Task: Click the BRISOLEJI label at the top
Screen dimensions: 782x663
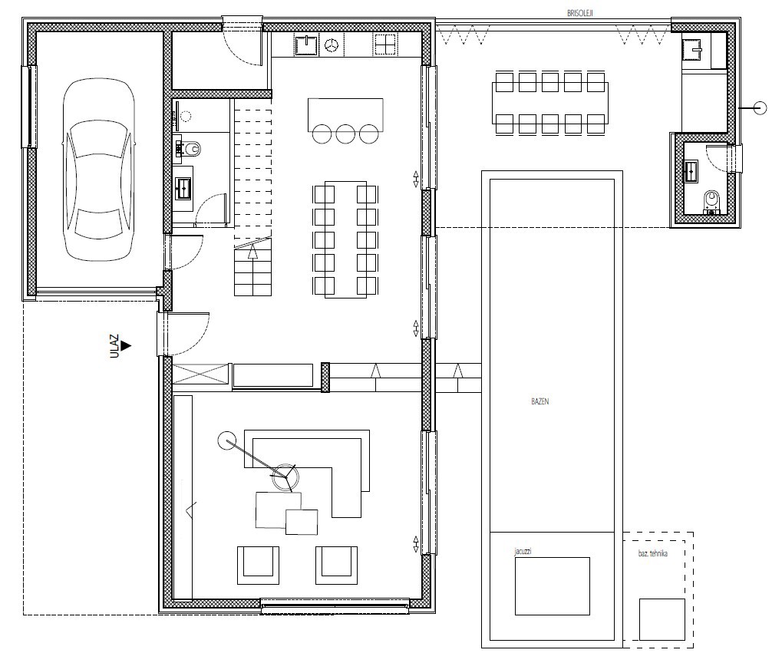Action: coord(579,14)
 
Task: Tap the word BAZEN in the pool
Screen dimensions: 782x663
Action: coord(540,401)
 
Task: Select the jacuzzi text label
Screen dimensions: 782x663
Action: coord(523,552)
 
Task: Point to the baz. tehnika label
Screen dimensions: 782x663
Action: coord(653,553)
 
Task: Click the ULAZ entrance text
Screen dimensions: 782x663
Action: coord(114,346)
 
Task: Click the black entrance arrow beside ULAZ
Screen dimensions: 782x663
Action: coord(126,345)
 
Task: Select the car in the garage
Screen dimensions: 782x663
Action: coord(99,170)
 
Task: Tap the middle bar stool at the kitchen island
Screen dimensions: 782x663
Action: coord(345,134)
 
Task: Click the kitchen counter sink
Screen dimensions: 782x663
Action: coord(307,46)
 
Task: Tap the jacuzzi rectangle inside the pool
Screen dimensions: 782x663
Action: coord(553,586)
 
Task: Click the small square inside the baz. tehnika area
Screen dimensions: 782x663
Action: coord(662,619)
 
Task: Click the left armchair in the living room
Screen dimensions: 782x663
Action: coord(258,565)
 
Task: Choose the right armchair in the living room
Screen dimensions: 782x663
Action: coord(337,565)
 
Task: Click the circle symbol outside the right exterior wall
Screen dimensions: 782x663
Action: coord(760,107)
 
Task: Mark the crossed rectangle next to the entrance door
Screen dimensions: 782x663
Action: coord(200,374)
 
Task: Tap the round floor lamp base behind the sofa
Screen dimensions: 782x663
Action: coord(226,440)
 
